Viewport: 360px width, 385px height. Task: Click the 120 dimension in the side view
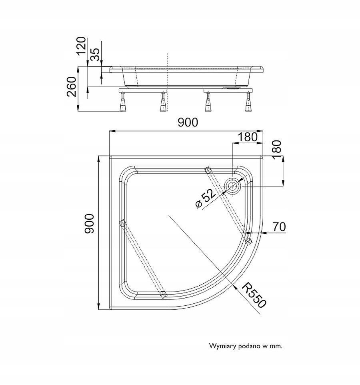(81, 46)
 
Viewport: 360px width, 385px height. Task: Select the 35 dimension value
(94, 54)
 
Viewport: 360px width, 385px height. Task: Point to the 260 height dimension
(72, 86)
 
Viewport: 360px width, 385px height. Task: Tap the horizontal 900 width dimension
(188, 122)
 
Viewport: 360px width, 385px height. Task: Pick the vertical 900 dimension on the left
(89, 223)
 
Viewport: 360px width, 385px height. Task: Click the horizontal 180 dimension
(248, 137)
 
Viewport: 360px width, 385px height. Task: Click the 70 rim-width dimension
(279, 227)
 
